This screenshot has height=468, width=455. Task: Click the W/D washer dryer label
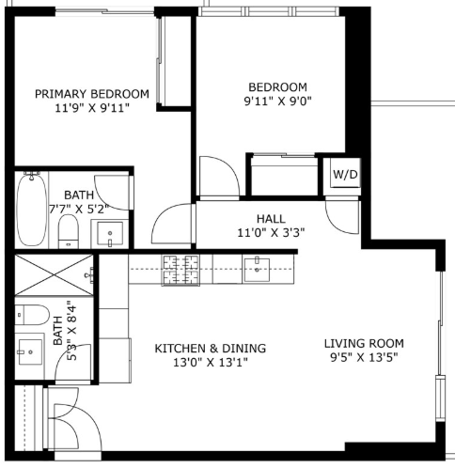coord(345,175)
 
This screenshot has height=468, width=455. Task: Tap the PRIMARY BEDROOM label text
coord(92,94)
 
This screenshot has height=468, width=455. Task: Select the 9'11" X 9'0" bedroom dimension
coord(278,101)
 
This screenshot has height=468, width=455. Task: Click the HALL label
coord(271,219)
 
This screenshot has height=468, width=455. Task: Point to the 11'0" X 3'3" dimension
coord(271,233)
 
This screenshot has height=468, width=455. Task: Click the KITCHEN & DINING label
coord(211,349)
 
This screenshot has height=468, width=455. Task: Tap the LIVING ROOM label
coord(364,344)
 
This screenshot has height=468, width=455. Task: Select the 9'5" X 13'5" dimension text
coord(364,357)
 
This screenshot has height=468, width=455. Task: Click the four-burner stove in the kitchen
coord(180,271)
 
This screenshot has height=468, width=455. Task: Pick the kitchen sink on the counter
coord(257,270)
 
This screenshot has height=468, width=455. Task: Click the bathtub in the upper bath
coord(31,209)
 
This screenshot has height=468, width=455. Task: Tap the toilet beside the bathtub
coord(69,231)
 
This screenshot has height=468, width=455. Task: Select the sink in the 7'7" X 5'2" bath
coord(110,234)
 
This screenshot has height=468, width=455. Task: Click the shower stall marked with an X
coord(54,275)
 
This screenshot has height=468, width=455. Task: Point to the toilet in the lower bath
coord(32,315)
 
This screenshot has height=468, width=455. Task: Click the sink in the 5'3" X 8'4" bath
coord(30,352)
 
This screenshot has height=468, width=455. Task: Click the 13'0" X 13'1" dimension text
coord(211,363)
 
